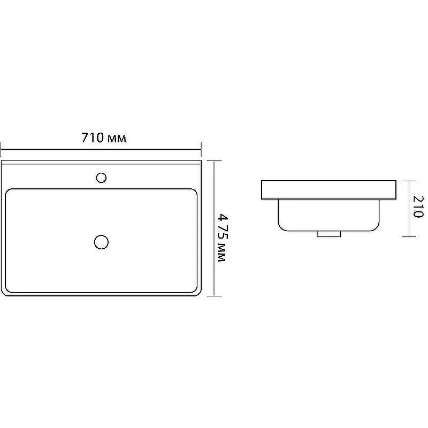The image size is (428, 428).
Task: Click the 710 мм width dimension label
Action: [x=104, y=138]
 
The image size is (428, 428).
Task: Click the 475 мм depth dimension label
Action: [x=223, y=238]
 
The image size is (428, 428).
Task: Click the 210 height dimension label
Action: [x=418, y=207]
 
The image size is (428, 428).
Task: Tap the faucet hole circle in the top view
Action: [x=101, y=178]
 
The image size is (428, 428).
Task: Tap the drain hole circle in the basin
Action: [x=101, y=242]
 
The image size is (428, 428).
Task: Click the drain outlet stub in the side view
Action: [x=328, y=234]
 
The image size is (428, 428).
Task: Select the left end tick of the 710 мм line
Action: [x=1, y=149]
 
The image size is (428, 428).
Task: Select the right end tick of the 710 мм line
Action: [x=201, y=149]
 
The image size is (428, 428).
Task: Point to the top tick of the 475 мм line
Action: [x=214, y=161]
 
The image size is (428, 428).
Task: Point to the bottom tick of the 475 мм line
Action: [x=214, y=296]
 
